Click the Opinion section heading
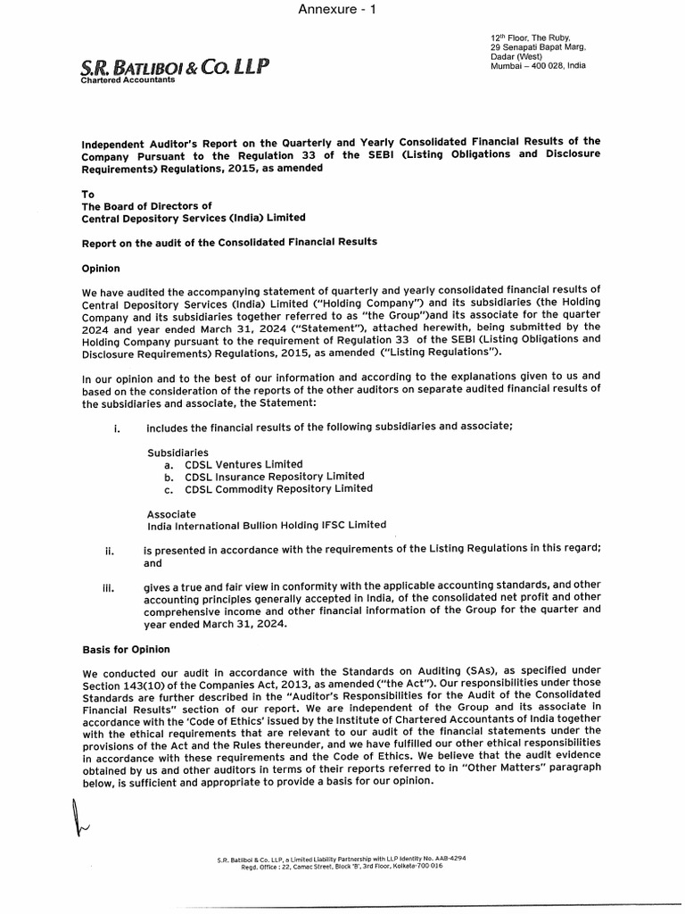[x=101, y=268]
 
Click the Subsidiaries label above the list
[x=178, y=453]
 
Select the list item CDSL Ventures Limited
[x=243, y=464]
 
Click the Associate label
[x=171, y=514]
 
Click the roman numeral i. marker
[x=117, y=427]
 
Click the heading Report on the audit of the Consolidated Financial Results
[x=229, y=242]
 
